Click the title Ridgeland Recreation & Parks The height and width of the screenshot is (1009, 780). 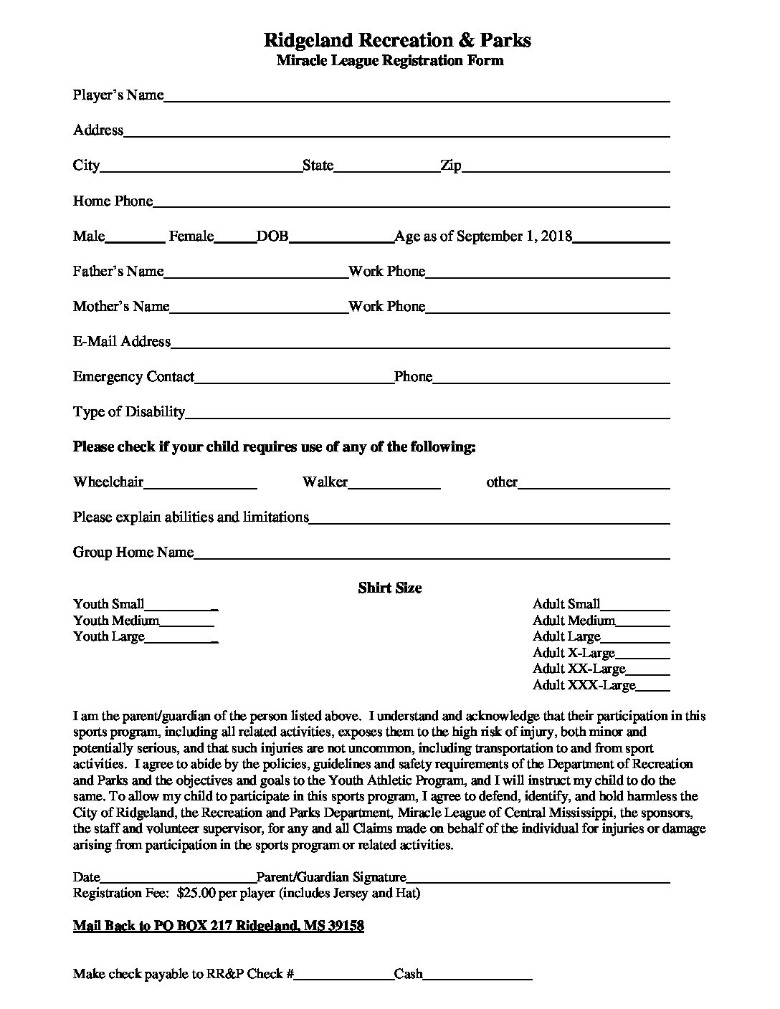coord(397,39)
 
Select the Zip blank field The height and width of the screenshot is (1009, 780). coord(566,167)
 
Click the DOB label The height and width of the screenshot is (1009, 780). coord(272,236)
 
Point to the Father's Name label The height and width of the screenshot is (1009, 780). coord(118,272)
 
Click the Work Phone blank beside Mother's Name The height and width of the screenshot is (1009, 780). coord(548,308)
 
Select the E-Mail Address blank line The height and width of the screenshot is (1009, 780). coord(420,343)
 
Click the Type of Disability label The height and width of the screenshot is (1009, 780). coord(129,412)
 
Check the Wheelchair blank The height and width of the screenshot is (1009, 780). coord(200,484)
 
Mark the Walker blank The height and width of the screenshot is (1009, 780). coord(394,484)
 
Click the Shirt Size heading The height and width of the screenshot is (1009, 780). coord(390,588)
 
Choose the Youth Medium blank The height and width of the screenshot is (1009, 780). coord(186,622)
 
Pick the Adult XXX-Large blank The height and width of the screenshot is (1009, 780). coord(653,687)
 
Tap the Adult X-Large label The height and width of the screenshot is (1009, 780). coord(574,653)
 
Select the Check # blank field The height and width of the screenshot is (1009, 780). coord(344,975)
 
